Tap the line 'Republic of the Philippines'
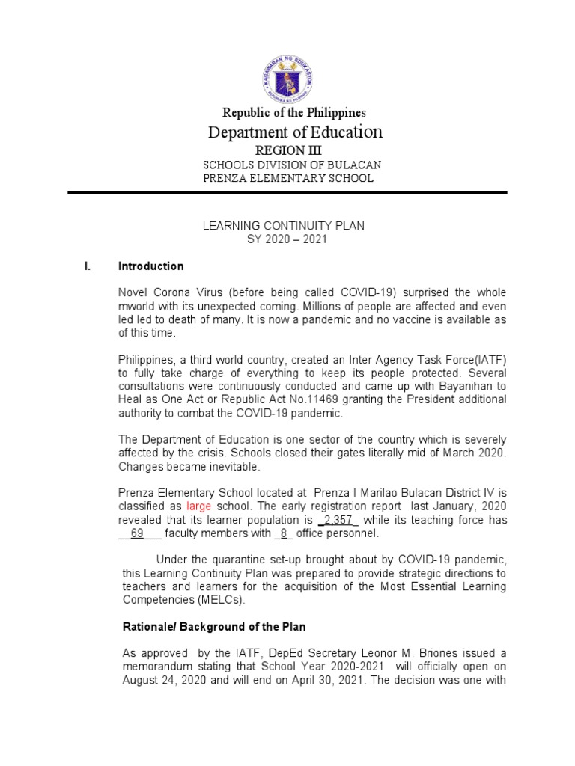(294, 113)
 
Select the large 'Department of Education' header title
(294, 132)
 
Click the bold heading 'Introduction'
(151, 266)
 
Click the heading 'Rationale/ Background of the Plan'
(214, 626)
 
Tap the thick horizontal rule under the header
(287, 193)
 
